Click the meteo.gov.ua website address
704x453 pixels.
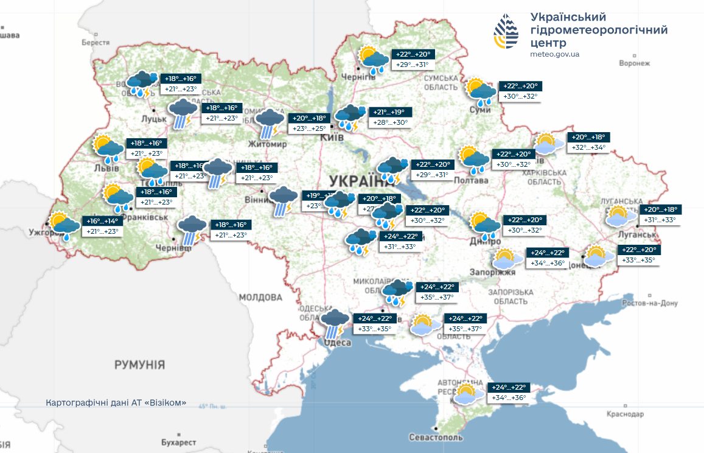coord(554,54)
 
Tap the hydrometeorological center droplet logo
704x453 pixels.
coord(506,32)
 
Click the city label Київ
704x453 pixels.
coord(332,138)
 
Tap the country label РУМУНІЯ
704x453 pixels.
coord(139,365)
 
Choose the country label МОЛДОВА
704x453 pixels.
coord(260,298)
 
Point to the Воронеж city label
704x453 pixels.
coord(634,63)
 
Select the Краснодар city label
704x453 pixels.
coord(624,414)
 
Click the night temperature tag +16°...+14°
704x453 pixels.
coord(101,221)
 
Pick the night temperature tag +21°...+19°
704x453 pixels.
coord(389,113)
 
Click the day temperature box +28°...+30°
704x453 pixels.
coord(389,123)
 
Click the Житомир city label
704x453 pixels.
coord(267,144)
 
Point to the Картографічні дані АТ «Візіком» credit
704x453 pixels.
coord(116,404)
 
